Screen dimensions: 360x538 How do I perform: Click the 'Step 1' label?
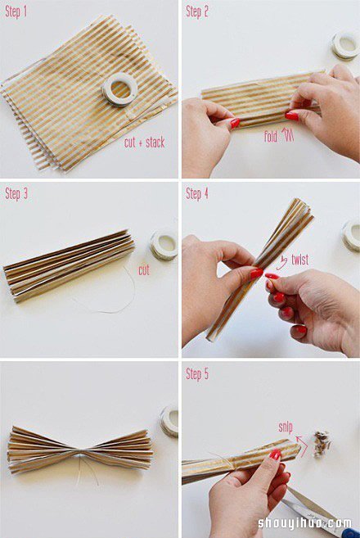(16, 12)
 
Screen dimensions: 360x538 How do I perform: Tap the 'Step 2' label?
(197, 11)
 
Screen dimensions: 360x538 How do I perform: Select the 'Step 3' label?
(16, 194)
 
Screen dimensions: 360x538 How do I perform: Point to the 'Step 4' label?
(197, 194)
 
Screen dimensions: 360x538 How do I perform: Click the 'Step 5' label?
(197, 374)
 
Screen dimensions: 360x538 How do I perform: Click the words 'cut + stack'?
(144, 142)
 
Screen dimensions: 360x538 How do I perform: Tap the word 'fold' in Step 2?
(271, 137)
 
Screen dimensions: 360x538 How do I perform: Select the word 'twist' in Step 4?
(299, 260)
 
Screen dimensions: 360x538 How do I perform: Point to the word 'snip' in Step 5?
(286, 427)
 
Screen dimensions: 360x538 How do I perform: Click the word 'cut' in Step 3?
(144, 270)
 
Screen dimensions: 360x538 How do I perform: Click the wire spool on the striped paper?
(120, 89)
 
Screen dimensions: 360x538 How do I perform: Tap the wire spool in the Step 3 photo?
(164, 245)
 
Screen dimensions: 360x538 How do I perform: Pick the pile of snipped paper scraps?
(322, 444)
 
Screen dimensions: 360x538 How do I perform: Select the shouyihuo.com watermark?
(305, 523)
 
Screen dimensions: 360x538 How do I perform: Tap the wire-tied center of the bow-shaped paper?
(80, 454)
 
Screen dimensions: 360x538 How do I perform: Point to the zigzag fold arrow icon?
(287, 136)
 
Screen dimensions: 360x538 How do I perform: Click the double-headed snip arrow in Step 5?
(302, 445)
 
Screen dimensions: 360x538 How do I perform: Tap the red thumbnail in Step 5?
(275, 454)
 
